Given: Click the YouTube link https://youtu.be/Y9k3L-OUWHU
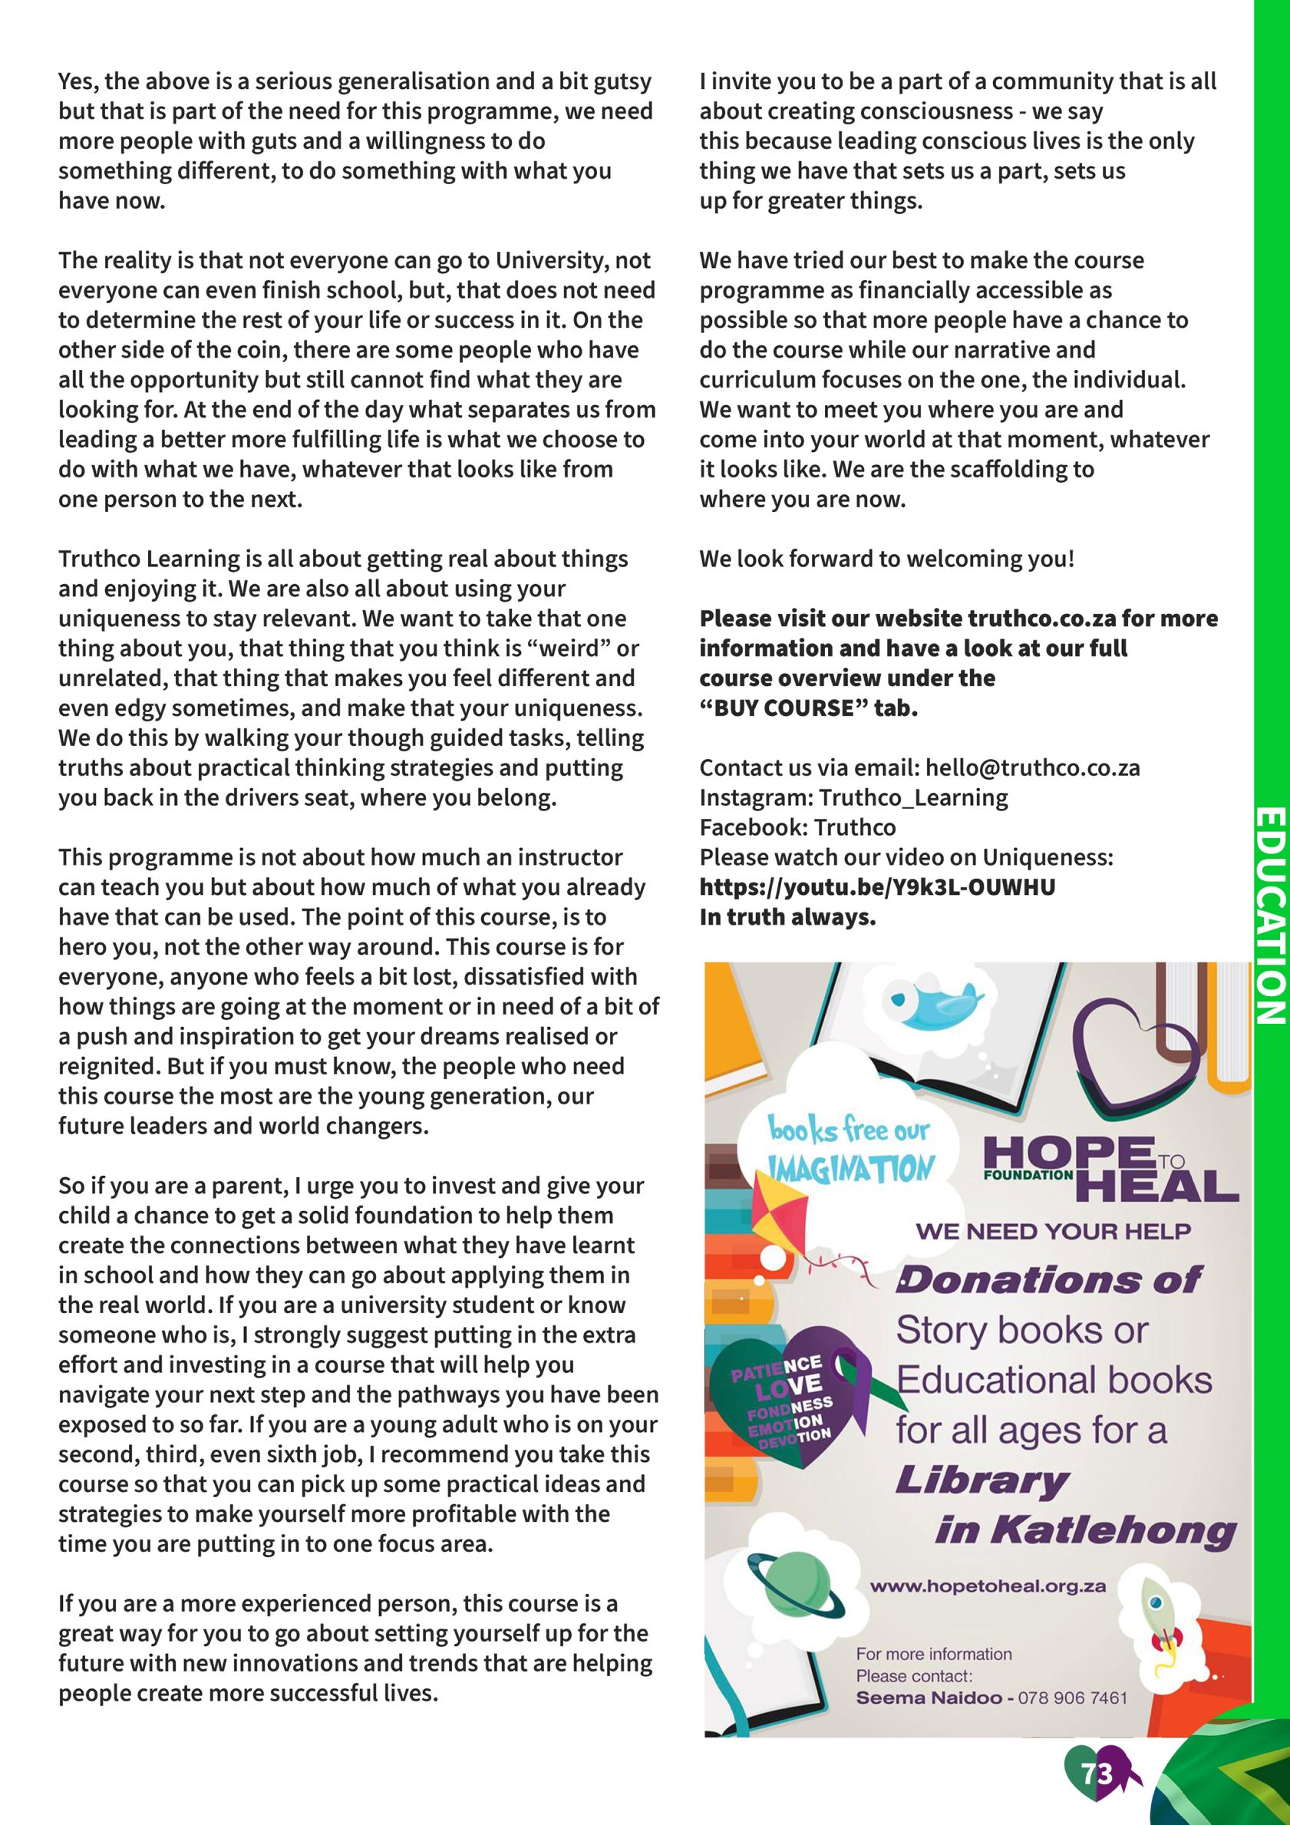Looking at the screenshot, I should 877,887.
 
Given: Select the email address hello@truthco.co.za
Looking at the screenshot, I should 1032,767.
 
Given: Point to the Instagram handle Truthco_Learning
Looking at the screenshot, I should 913,797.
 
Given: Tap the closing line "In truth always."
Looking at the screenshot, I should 787,917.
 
